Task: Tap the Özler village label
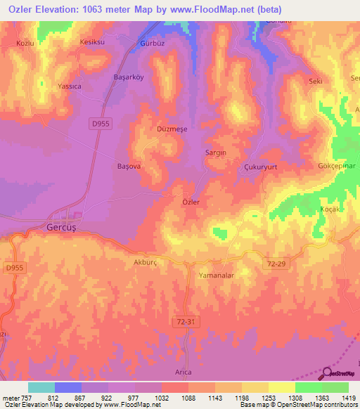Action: [x=191, y=202]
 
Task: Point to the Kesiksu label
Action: [x=92, y=42]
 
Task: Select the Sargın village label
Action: [x=214, y=152]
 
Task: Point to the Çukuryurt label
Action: [x=261, y=167]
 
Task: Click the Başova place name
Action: [x=129, y=167]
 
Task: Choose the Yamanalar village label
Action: [x=216, y=275]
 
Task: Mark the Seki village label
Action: [x=315, y=82]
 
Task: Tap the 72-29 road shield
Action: [x=277, y=261]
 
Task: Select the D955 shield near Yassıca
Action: [x=100, y=124]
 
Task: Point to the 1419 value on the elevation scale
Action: [x=347, y=398]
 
